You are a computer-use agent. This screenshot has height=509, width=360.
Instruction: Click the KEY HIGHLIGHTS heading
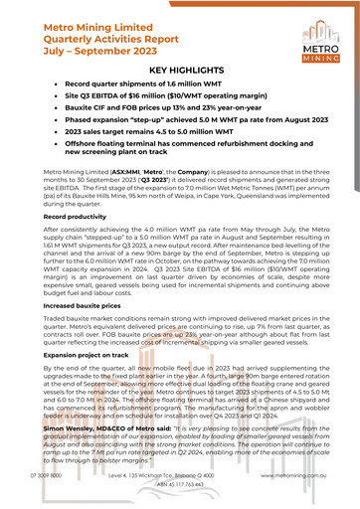click(x=180, y=73)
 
